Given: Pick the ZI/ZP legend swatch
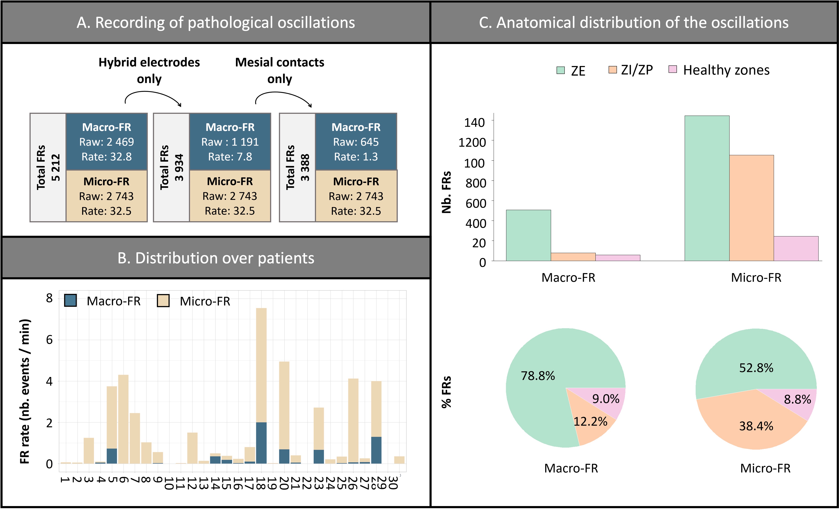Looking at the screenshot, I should click(613, 70).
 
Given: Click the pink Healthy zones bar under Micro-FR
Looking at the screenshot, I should click(796, 248).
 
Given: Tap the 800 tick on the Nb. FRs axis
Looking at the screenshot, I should click(476, 183).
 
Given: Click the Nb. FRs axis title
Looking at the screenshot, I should click(446, 192).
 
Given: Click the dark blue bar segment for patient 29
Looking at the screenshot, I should click(376, 450).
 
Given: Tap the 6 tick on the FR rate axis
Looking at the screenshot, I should click(49, 339).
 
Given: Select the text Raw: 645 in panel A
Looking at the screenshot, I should click(356, 142).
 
